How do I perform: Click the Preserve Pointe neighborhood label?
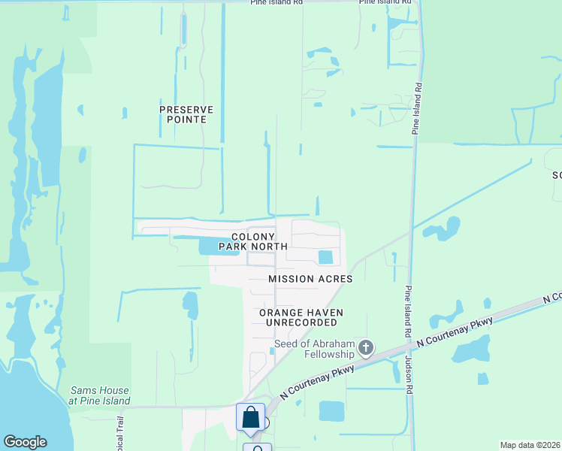[x=186, y=114]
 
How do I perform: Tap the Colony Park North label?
[x=253, y=241]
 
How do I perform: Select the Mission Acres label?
[x=310, y=279]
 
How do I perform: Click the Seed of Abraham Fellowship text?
[x=314, y=349]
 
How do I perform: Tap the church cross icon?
[x=366, y=347]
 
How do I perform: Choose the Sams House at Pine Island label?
[x=99, y=395]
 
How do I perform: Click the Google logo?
[x=25, y=442]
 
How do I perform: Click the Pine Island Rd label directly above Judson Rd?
[x=408, y=311]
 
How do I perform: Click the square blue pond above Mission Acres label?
[x=325, y=257]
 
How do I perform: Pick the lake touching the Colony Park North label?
[x=207, y=246]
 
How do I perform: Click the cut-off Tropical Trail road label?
[x=118, y=437]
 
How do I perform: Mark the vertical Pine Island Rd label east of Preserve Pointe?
[x=415, y=110]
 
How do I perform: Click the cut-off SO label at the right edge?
[x=557, y=174]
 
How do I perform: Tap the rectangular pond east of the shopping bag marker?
[x=331, y=410]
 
